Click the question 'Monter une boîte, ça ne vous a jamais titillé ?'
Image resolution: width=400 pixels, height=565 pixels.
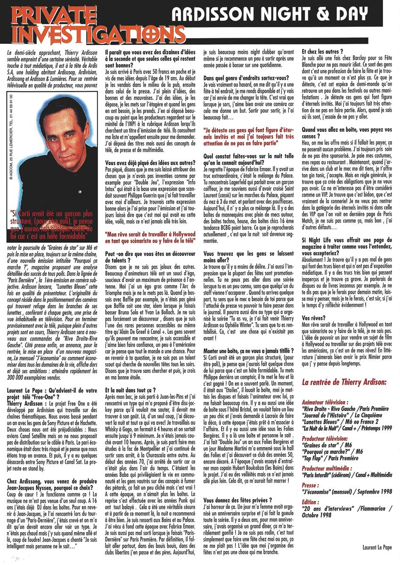pos(249,350)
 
